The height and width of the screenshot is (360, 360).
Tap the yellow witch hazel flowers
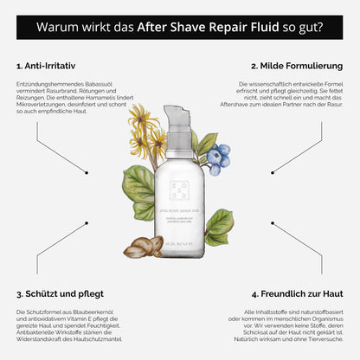[143, 130]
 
